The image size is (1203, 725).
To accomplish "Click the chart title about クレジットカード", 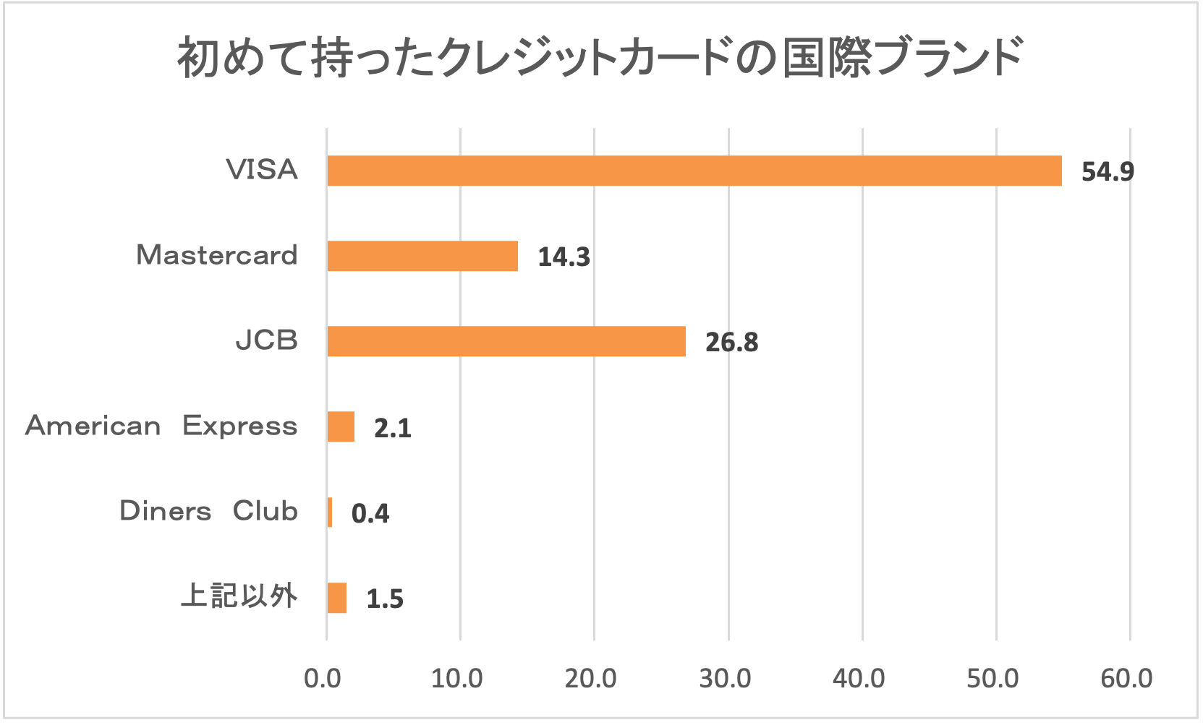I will pyautogui.click(x=600, y=58).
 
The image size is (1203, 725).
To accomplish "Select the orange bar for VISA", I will pyautogui.click(x=694, y=171).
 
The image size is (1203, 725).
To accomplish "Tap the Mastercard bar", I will pyautogui.click(x=422, y=256).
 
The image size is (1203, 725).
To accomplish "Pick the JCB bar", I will pyautogui.click(x=506, y=341).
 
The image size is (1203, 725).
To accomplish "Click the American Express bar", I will pyautogui.click(x=341, y=426).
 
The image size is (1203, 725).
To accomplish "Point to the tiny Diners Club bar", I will pyautogui.click(x=330, y=512).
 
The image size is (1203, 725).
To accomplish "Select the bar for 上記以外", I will pyautogui.click(x=337, y=598).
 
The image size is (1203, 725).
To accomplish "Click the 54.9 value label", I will pyautogui.click(x=1108, y=171).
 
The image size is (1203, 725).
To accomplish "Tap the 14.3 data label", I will pyautogui.click(x=564, y=257).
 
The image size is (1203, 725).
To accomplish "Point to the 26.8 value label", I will pyautogui.click(x=731, y=342).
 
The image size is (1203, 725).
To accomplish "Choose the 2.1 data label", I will pyautogui.click(x=393, y=428).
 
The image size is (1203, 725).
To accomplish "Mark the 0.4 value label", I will pyautogui.click(x=370, y=513).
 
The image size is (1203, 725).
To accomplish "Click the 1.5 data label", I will pyautogui.click(x=385, y=599).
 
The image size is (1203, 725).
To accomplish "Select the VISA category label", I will pyautogui.click(x=262, y=170).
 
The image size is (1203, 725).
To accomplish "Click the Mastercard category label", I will pyautogui.click(x=217, y=255).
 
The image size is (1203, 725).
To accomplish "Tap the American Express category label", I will pyautogui.click(x=161, y=426).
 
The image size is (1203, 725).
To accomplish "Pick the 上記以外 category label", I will pyautogui.click(x=239, y=596).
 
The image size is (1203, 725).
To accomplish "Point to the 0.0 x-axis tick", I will pyautogui.click(x=323, y=678).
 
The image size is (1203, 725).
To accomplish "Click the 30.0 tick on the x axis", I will pyautogui.click(x=725, y=678).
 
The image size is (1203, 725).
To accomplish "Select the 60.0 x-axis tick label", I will pyautogui.click(x=1127, y=678).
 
